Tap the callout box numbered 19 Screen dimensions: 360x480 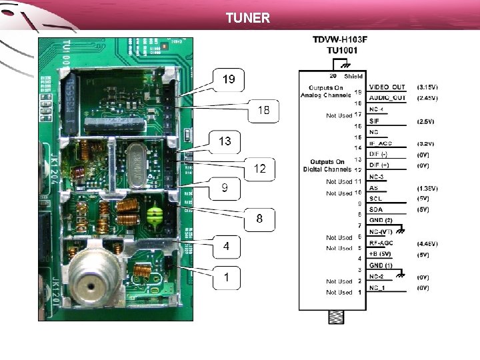pyautogui.click(x=229, y=79)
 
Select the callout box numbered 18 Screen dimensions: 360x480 pyautogui.click(x=264, y=111)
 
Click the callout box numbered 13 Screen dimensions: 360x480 pyautogui.click(x=225, y=141)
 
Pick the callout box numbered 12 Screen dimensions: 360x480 pyautogui.click(x=259, y=169)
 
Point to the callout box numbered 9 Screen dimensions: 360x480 pyautogui.click(x=225, y=189)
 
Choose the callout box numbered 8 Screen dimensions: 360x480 pyautogui.click(x=259, y=219)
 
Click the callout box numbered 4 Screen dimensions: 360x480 pyautogui.click(x=227, y=247)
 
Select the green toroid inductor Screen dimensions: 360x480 pyautogui.click(x=157, y=216)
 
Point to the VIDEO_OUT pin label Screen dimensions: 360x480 pyautogui.click(x=387, y=87)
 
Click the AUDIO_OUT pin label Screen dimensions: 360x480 pyautogui.click(x=387, y=98)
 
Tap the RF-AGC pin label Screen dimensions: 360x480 pyautogui.click(x=382, y=244)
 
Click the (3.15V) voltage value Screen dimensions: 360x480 pyautogui.click(x=427, y=87)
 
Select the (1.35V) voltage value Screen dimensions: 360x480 pyautogui.click(x=427, y=188)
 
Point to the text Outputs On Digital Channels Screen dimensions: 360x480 pyautogui.click(x=331, y=165)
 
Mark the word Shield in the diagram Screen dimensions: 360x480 pyautogui.click(x=353, y=77)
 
